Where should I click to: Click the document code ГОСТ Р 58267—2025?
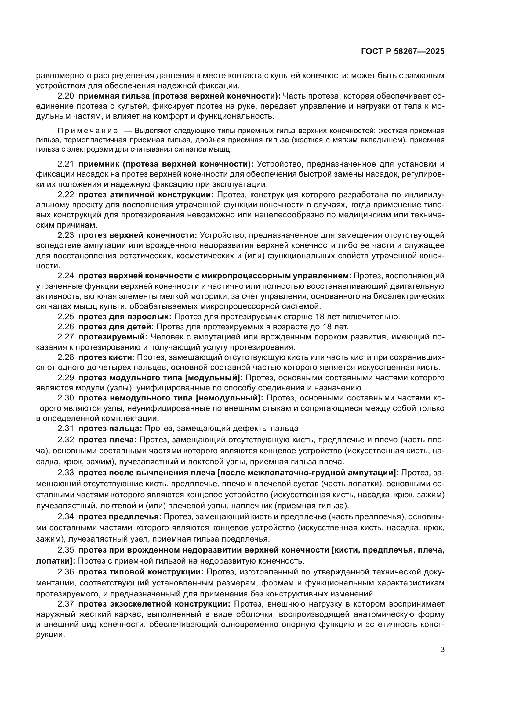(403, 51)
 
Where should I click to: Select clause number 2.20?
(66, 96)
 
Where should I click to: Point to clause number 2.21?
(66, 164)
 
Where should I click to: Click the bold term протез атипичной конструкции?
(146, 195)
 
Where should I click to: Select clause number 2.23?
(66, 235)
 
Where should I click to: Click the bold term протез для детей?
(116, 327)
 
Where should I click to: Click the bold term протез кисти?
(106, 357)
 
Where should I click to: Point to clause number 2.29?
(66, 378)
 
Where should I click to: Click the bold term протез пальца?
(110, 428)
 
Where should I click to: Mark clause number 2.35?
(66, 550)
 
